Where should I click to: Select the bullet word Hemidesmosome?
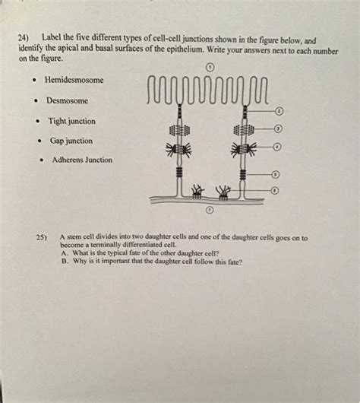pos(75,80)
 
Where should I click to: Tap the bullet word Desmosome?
pos(67,100)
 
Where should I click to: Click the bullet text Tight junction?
pos(71,120)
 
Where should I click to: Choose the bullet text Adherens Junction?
pos(81,160)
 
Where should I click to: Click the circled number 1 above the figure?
pos(209,68)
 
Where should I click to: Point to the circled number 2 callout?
pos(279,113)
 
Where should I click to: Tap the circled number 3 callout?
pos(279,129)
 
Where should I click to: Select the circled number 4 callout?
pos(278,145)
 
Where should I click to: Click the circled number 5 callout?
pos(277,174)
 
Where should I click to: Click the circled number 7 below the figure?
pos(210,209)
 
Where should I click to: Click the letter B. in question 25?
pos(64,261)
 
